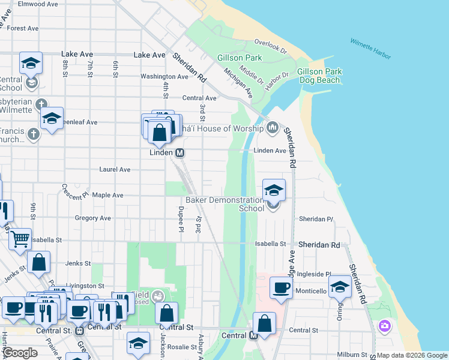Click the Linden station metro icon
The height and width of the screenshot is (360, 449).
tap(179, 153)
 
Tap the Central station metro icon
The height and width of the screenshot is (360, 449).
tap(253, 335)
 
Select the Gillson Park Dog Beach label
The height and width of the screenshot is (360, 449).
tap(319, 76)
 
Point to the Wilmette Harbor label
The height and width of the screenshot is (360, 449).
tap(371, 49)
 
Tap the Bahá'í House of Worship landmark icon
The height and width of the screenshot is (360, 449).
tap(273, 127)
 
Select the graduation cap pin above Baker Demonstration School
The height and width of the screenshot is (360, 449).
tap(274, 191)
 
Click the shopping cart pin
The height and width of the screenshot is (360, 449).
tap(20, 239)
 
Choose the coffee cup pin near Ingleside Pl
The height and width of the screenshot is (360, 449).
tap(280, 288)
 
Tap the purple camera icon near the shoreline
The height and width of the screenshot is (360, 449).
tap(384, 326)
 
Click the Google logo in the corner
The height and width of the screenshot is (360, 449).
tap(20, 353)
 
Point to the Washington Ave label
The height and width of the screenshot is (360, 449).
tap(164, 77)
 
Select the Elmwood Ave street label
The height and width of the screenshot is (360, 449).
tap(37, 4)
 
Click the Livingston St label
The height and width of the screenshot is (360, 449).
tap(85, 286)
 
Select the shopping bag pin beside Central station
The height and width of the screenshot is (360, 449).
tap(264, 323)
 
